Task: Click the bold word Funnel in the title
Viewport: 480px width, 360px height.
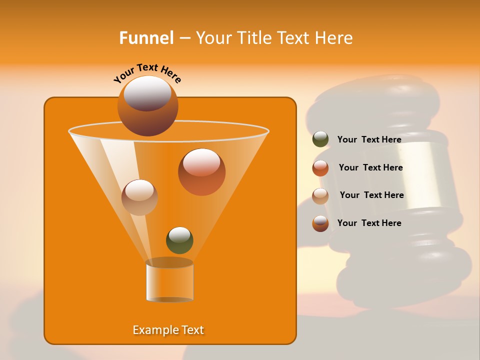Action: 146,38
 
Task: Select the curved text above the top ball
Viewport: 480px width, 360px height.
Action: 147,73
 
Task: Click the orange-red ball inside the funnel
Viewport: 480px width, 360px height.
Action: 201,172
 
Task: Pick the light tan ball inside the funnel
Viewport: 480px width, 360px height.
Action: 139,197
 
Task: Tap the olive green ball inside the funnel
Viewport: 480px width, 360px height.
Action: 179,240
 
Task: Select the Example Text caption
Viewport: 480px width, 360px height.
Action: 168,330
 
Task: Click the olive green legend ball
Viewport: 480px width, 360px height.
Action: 320,139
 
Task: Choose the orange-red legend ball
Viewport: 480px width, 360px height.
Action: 320,168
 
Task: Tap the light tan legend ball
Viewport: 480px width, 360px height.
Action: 320,196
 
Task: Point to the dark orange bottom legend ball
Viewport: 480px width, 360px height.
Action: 320,223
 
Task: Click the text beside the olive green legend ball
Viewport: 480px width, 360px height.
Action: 369,139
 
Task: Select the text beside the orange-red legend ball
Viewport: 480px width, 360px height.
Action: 370,167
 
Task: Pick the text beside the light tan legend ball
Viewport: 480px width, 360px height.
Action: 371,195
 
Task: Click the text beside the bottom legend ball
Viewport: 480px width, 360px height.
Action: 369,223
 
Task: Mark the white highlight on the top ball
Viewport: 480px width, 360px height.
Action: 147,92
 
